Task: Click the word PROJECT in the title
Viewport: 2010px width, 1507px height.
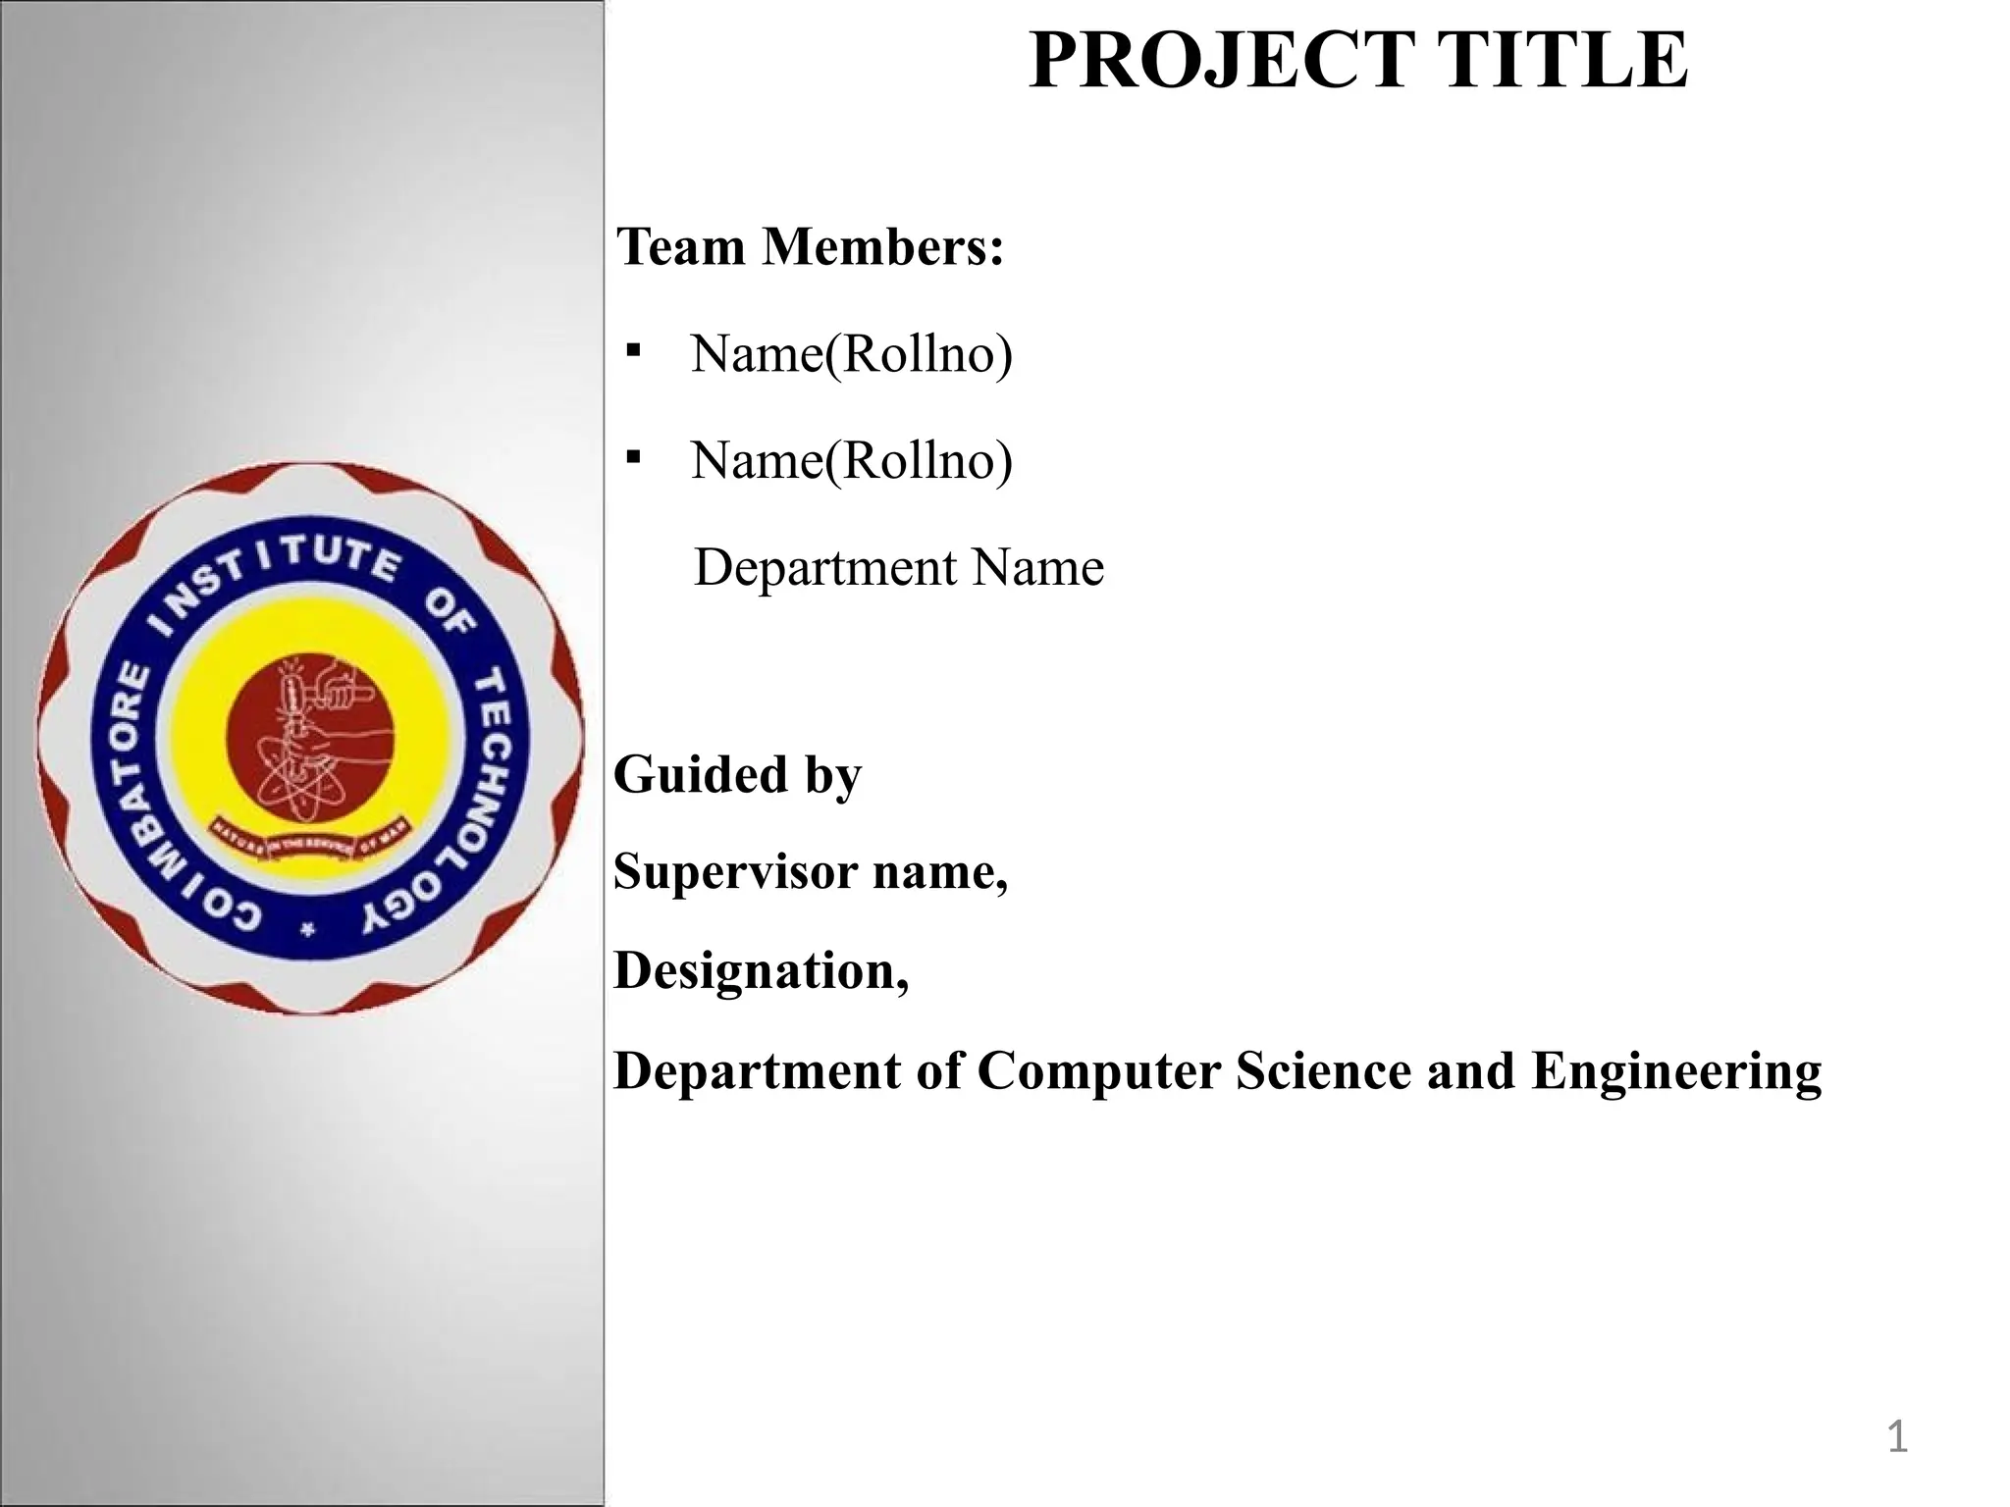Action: (x=1218, y=61)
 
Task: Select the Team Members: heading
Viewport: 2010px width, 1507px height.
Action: (x=811, y=246)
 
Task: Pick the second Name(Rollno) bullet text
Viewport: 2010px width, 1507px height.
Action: (x=851, y=460)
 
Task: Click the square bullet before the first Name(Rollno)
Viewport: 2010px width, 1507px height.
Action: (x=633, y=350)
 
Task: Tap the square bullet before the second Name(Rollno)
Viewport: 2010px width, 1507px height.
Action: (x=633, y=457)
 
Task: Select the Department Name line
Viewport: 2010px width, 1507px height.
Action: (x=898, y=568)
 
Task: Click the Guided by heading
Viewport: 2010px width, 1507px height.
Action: (x=737, y=775)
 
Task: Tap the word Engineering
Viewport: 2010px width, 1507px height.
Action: (x=1676, y=1072)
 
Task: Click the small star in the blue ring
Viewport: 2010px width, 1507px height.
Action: (x=308, y=930)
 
